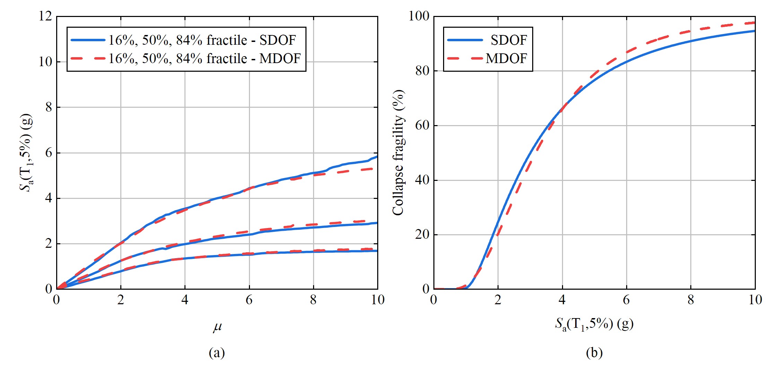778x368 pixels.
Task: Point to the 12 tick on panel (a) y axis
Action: [45, 16]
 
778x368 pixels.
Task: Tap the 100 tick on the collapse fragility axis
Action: [419, 16]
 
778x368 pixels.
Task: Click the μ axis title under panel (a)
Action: [217, 326]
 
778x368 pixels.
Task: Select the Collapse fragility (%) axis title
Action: [398, 152]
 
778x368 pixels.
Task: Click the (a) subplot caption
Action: [217, 353]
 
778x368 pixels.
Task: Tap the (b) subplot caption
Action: [594, 353]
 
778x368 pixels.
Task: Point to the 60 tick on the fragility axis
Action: [422, 125]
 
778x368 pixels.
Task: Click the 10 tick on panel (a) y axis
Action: [45, 62]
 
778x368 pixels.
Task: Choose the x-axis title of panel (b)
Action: [594, 324]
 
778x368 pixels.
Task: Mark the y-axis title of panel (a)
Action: [26, 152]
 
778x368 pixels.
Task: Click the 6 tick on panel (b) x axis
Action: [626, 300]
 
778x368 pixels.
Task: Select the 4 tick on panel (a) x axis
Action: [185, 300]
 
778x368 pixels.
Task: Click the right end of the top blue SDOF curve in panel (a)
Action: [377, 157]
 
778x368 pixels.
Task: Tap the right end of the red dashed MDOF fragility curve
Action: [754, 23]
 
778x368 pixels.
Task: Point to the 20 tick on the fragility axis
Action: [422, 235]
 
